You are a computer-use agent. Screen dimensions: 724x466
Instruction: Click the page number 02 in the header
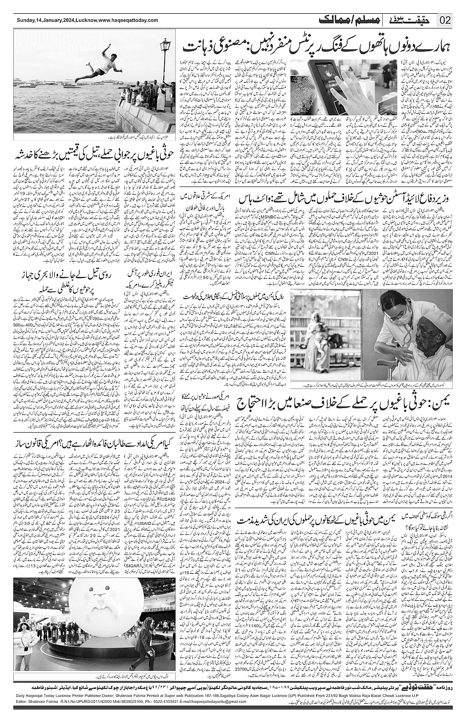[x=445, y=20]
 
